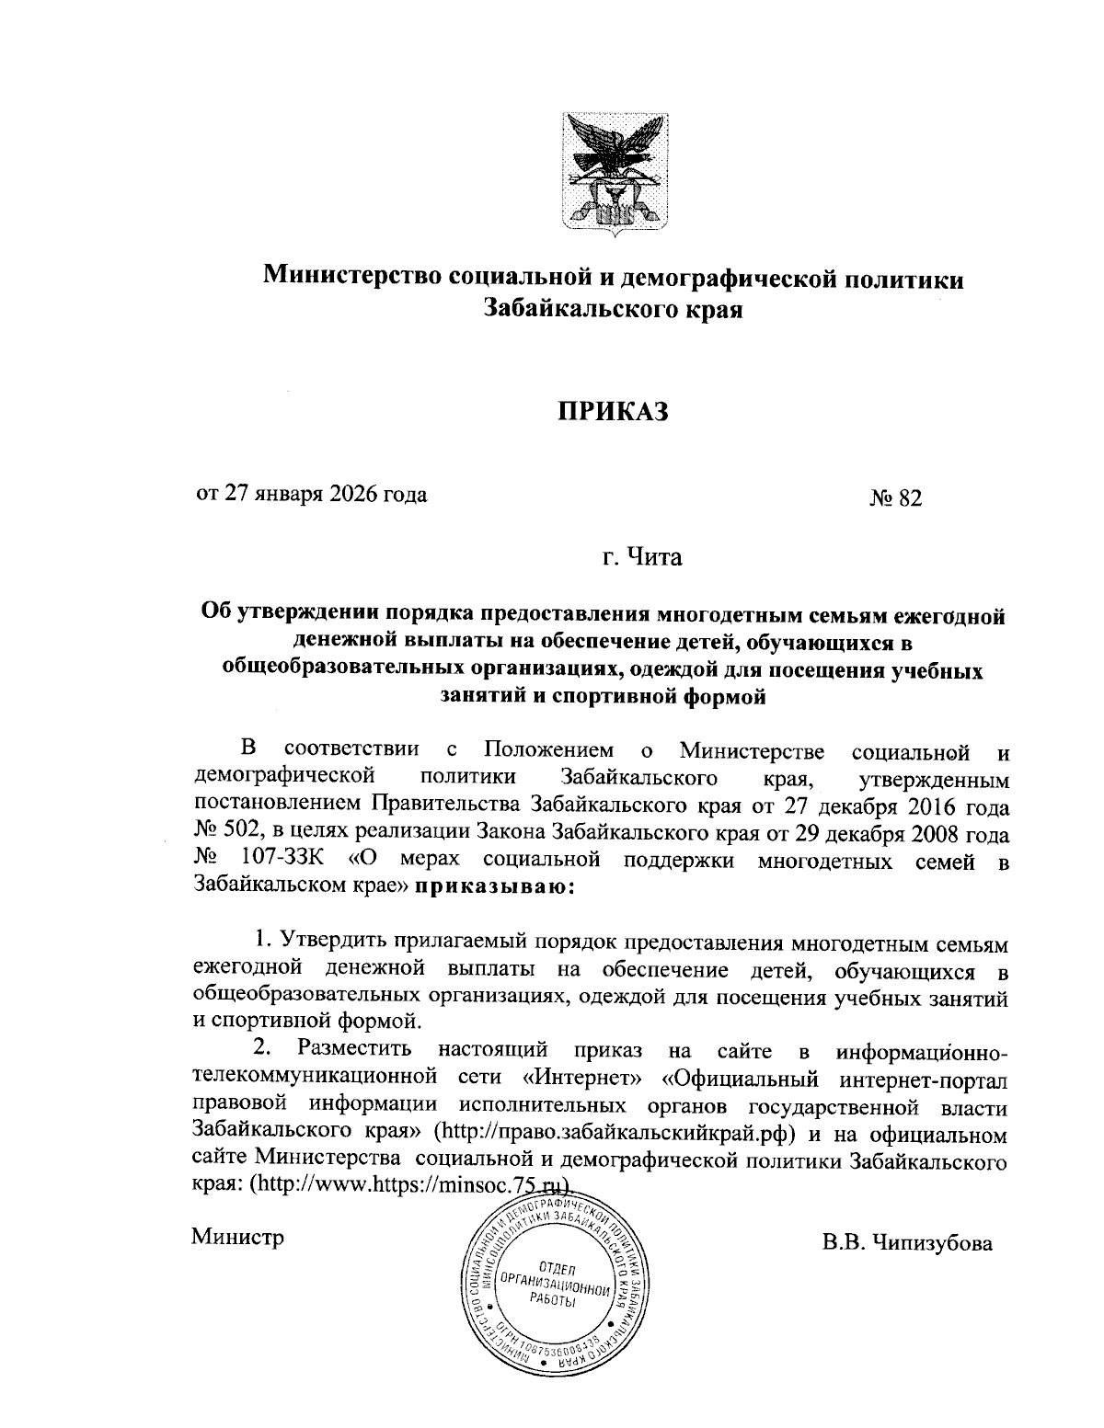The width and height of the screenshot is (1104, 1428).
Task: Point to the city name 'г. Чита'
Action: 642,557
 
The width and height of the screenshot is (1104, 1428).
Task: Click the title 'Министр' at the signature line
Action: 238,1237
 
